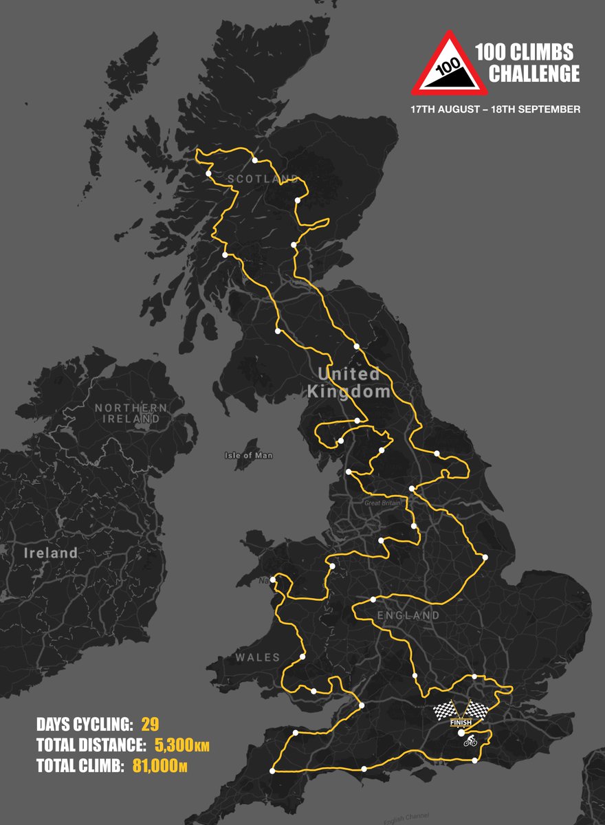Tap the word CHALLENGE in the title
533,74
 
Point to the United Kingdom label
349,383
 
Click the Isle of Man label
248,456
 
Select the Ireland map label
51,553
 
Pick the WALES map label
258,658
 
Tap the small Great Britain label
382,503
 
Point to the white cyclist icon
470,742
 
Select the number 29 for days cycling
151,724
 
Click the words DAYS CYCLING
84,724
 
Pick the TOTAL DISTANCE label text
90,745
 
